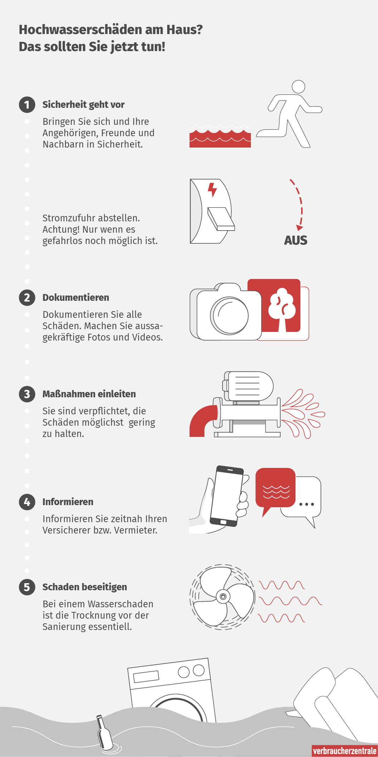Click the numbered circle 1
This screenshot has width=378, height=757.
coord(27,105)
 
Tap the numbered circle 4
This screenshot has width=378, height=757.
coord(27,502)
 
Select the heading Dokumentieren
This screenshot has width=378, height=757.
coord(76,298)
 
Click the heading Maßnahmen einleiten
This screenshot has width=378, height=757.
coord(89,394)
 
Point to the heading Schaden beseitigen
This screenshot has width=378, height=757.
coord(85,587)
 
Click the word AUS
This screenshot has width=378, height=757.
coord(296,241)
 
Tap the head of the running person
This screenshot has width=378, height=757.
coord(298,87)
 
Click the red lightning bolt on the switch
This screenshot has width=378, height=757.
coord(212,190)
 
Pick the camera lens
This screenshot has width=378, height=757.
coord(230,315)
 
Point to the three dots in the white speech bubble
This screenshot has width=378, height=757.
coord(307,504)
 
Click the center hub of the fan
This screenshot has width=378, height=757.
coord(223,597)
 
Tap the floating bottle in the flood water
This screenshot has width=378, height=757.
coord(104,733)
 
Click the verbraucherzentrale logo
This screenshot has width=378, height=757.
coord(345,751)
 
